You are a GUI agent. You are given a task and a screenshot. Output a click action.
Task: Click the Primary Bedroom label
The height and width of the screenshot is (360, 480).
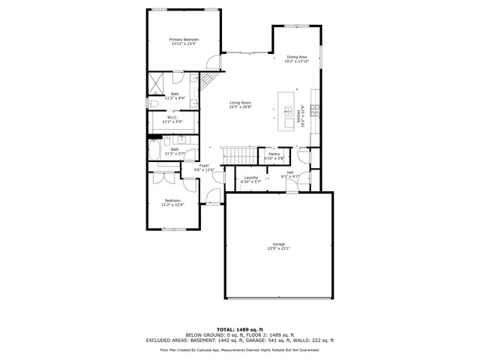pyautogui.click(x=183, y=39)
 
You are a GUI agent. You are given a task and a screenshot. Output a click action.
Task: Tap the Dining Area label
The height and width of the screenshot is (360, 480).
pyautogui.click(x=297, y=57)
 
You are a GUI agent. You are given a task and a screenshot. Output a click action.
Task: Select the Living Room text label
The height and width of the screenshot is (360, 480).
pyautogui.click(x=240, y=103)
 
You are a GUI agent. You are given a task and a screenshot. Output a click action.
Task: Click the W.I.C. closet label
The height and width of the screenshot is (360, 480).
pyautogui.click(x=172, y=117)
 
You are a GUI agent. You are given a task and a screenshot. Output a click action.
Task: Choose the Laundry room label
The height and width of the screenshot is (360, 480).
pyautogui.click(x=250, y=177)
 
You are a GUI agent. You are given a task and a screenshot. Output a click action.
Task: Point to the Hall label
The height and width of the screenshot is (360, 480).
pyautogui.click(x=289, y=172)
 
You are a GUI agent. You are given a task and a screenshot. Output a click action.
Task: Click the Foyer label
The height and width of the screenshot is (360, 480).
pyautogui.click(x=204, y=166)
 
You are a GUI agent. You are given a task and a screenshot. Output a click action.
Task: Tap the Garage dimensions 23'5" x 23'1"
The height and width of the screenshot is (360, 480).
pyautogui.click(x=278, y=249)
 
